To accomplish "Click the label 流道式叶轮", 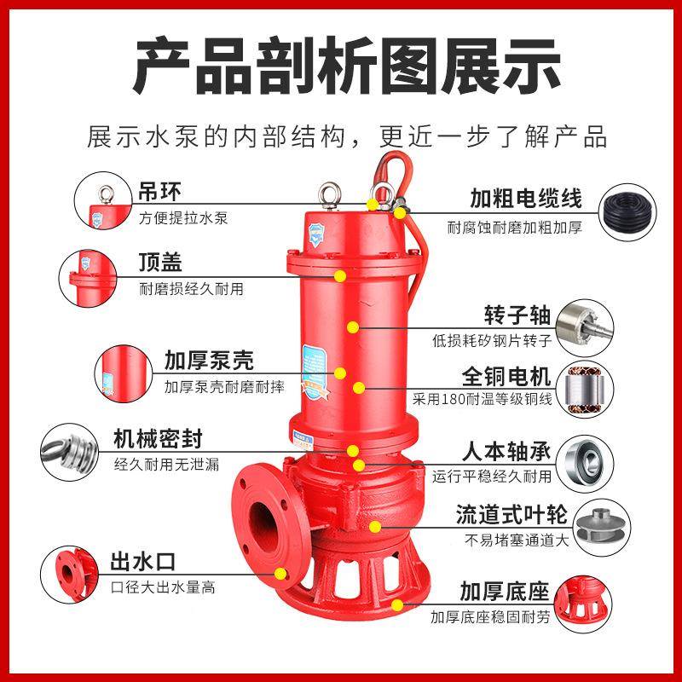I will pyautogui.click(x=506, y=514).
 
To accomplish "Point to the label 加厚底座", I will pyautogui.click(x=505, y=591).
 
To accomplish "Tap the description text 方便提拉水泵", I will pyautogui.click(x=182, y=217).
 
